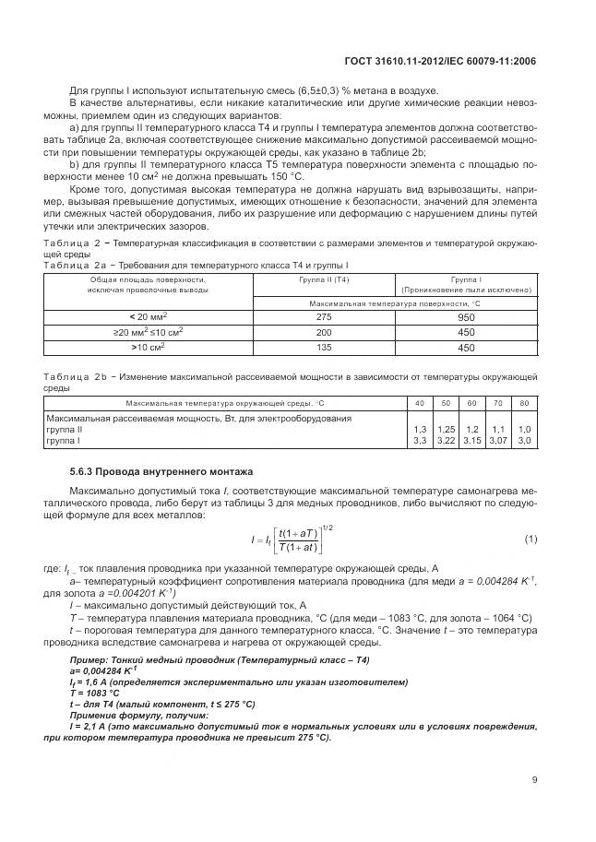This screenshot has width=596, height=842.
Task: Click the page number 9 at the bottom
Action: pyautogui.click(x=534, y=779)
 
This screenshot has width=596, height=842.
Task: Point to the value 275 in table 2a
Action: pyautogui.click(x=324, y=315)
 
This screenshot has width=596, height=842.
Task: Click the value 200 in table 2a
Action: pyautogui.click(x=324, y=331)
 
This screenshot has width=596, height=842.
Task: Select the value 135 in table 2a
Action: pyautogui.click(x=324, y=348)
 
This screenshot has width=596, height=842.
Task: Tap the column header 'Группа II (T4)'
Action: pyautogui.click(x=324, y=278)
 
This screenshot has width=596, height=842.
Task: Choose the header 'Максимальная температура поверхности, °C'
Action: pyautogui.click(x=395, y=302)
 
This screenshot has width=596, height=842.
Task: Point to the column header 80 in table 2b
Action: pyautogui.click(x=525, y=404)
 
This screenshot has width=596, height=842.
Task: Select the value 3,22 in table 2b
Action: pyautogui.click(x=447, y=442)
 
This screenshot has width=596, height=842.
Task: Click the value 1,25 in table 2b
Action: pyautogui.click(x=447, y=430)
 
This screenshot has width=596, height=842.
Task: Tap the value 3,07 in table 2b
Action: pyautogui.click(x=498, y=442)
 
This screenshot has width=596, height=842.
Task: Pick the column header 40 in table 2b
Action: pyautogui.click(x=420, y=404)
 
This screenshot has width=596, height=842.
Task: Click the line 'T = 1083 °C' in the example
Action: pyautogui.click(x=95, y=692)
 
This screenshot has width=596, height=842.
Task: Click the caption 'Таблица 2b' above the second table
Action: pyautogui.click(x=76, y=377)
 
